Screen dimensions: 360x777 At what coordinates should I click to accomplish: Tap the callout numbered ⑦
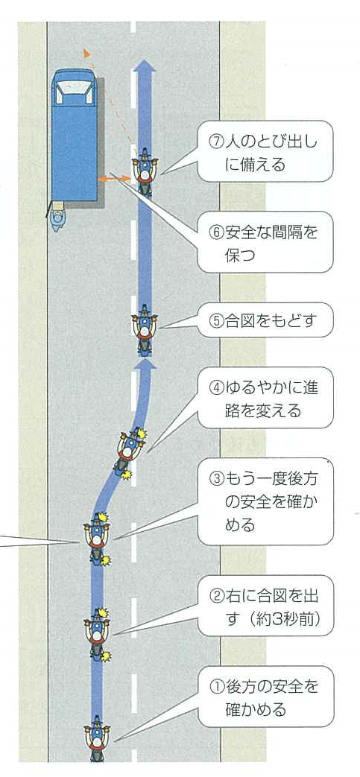point(265,151)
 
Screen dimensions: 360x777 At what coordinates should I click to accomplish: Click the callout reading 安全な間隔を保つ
point(265,242)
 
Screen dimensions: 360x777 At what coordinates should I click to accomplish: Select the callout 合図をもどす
point(265,320)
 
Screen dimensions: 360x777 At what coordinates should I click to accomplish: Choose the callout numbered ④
point(265,397)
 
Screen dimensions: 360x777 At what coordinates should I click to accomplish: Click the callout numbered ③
point(265,501)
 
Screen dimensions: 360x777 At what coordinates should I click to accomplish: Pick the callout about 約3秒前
point(265,606)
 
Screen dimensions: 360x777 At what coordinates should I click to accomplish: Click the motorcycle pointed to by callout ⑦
point(145,171)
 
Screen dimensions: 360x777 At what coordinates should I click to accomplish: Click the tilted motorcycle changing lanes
point(130,453)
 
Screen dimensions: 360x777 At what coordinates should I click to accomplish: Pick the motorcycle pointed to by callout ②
point(97,634)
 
